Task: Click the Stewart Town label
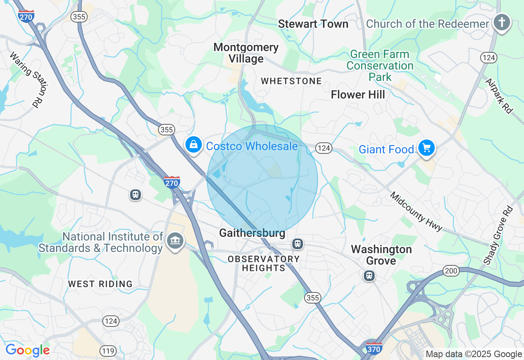point(313,24)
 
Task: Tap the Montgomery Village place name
point(246,53)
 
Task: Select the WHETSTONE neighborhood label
point(291,81)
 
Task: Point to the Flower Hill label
point(358,95)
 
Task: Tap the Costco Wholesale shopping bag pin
point(194,144)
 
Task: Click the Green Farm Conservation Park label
point(380,65)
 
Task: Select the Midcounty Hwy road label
point(416,211)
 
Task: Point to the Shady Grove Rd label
point(498,235)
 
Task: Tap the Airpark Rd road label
point(499,96)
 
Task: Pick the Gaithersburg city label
point(252,233)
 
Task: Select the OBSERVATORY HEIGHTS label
point(264,263)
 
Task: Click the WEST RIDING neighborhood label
point(100,284)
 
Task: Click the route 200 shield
point(451,270)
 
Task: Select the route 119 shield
point(108,351)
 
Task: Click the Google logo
point(27,350)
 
